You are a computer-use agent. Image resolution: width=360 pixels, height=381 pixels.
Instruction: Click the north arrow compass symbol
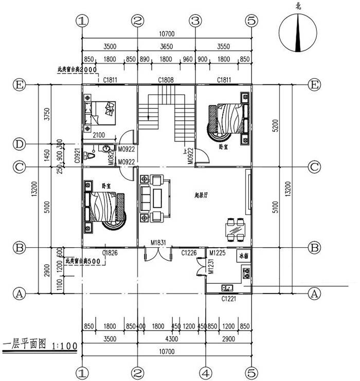tap(297, 31)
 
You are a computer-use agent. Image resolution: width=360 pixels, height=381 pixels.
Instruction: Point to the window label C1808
tap(166, 80)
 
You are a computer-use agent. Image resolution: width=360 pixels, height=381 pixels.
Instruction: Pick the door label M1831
tap(157, 243)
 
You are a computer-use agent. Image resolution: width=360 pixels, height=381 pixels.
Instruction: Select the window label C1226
tap(189, 252)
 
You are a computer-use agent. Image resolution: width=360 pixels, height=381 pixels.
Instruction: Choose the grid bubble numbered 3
tap(194, 21)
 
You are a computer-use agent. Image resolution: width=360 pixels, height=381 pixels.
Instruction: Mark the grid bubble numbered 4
tap(205, 372)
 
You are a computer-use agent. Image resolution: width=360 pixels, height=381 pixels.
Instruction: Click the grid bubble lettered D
tap(20, 144)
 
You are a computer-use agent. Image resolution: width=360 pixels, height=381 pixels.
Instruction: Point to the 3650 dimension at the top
tap(166, 46)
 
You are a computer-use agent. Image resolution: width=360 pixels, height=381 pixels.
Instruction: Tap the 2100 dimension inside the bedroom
tap(99, 135)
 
